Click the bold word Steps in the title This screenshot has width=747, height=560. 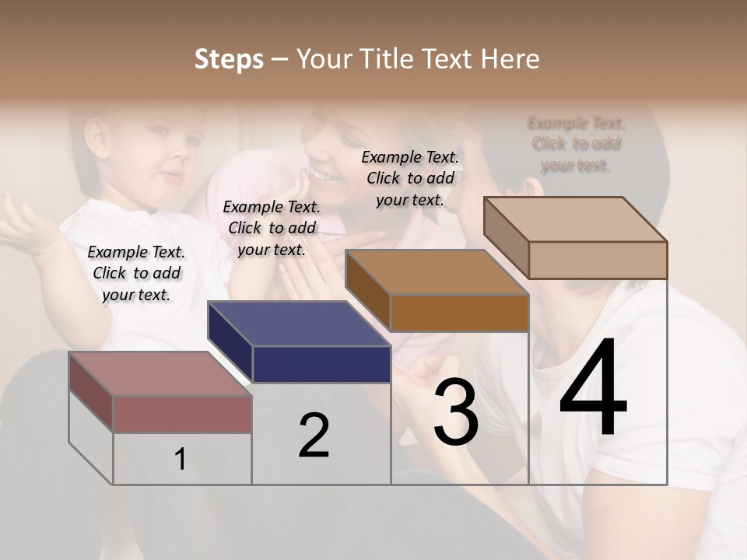[229, 59]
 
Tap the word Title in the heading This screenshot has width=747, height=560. [387, 59]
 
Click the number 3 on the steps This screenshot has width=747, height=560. [455, 412]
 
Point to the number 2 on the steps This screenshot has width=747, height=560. [314, 436]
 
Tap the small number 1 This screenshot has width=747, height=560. [181, 460]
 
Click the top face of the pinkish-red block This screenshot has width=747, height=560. [160, 374]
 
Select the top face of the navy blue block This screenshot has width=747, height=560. [298, 324]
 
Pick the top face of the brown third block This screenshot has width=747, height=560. [436, 272]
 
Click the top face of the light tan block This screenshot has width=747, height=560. [576, 219]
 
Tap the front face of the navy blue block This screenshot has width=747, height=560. [321, 364]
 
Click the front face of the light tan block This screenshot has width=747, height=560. [598, 260]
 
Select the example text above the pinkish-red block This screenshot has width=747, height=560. [136, 273]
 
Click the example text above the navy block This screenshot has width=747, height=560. [272, 228]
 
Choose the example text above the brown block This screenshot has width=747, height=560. [410, 178]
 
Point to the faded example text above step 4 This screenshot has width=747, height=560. [576, 144]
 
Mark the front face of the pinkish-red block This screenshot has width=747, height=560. [182, 414]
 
